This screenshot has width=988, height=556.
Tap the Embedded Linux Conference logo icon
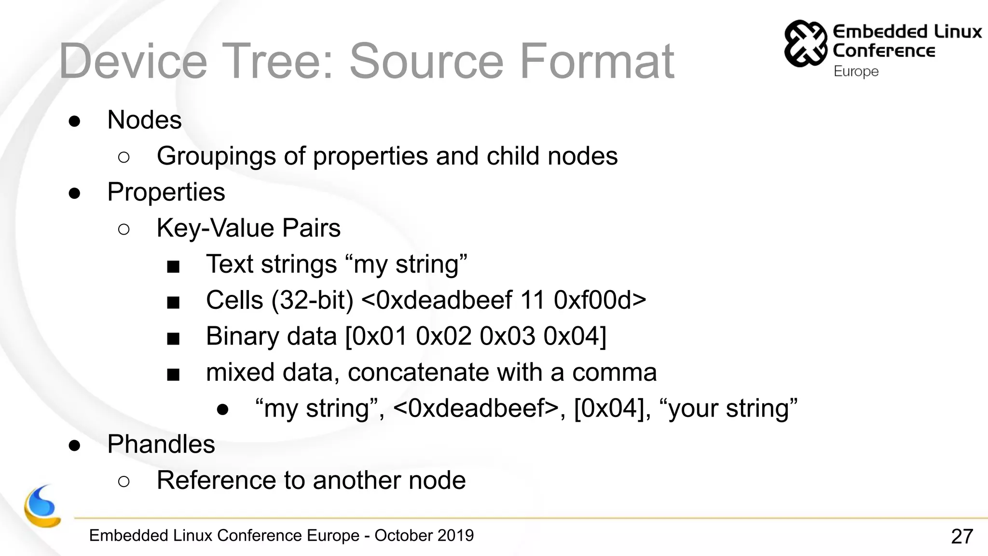pyautogui.click(x=805, y=43)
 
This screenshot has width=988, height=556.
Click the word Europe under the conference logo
pyautogui.click(x=856, y=71)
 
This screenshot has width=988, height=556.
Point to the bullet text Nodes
pyautogui.click(x=144, y=120)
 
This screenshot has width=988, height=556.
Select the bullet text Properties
pyautogui.click(x=166, y=192)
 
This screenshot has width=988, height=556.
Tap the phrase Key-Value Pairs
pyautogui.click(x=248, y=228)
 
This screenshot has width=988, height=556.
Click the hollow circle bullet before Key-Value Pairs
pyautogui.click(x=123, y=229)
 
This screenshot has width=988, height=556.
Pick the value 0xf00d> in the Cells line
pyautogui.click(x=600, y=300)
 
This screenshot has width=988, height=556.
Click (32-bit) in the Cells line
pyautogui.click(x=312, y=300)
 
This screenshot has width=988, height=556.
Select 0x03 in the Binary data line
pyautogui.click(x=507, y=336)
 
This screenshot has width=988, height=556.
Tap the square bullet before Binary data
pyautogui.click(x=173, y=338)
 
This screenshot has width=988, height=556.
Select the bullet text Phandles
pyautogui.click(x=161, y=444)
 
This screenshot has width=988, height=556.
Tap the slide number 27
pyautogui.click(x=961, y=536)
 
